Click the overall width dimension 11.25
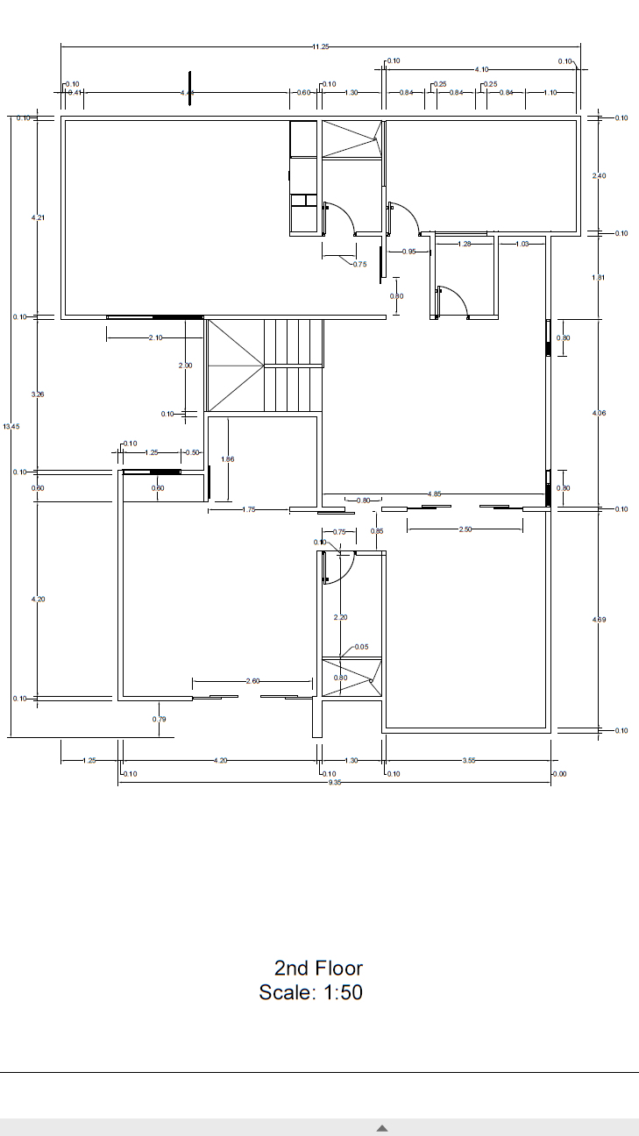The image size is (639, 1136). coord(321,46)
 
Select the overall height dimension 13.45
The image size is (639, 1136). coord(11,426)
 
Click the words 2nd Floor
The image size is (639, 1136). coord(318,968)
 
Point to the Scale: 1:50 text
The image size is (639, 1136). coord(310,992)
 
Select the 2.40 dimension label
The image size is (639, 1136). coord(600,176)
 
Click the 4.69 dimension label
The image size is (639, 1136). coord(600,620)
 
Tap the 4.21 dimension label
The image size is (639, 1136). coord(38,217)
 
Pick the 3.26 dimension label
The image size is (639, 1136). coord(38,394)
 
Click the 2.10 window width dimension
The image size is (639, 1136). coord(155,337)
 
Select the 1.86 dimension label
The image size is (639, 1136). coord(228,459)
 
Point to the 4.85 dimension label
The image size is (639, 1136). coord(434,494)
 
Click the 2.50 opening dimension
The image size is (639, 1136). coord(465,529)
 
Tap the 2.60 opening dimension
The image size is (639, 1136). coord(252,681)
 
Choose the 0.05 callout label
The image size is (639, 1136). coord(362,647)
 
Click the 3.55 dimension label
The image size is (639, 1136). coord(468,761)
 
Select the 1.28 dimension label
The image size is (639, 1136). coord(465,244)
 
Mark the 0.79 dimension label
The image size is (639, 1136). coord(159,720)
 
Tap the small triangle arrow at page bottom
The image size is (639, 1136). coord(382,1128)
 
